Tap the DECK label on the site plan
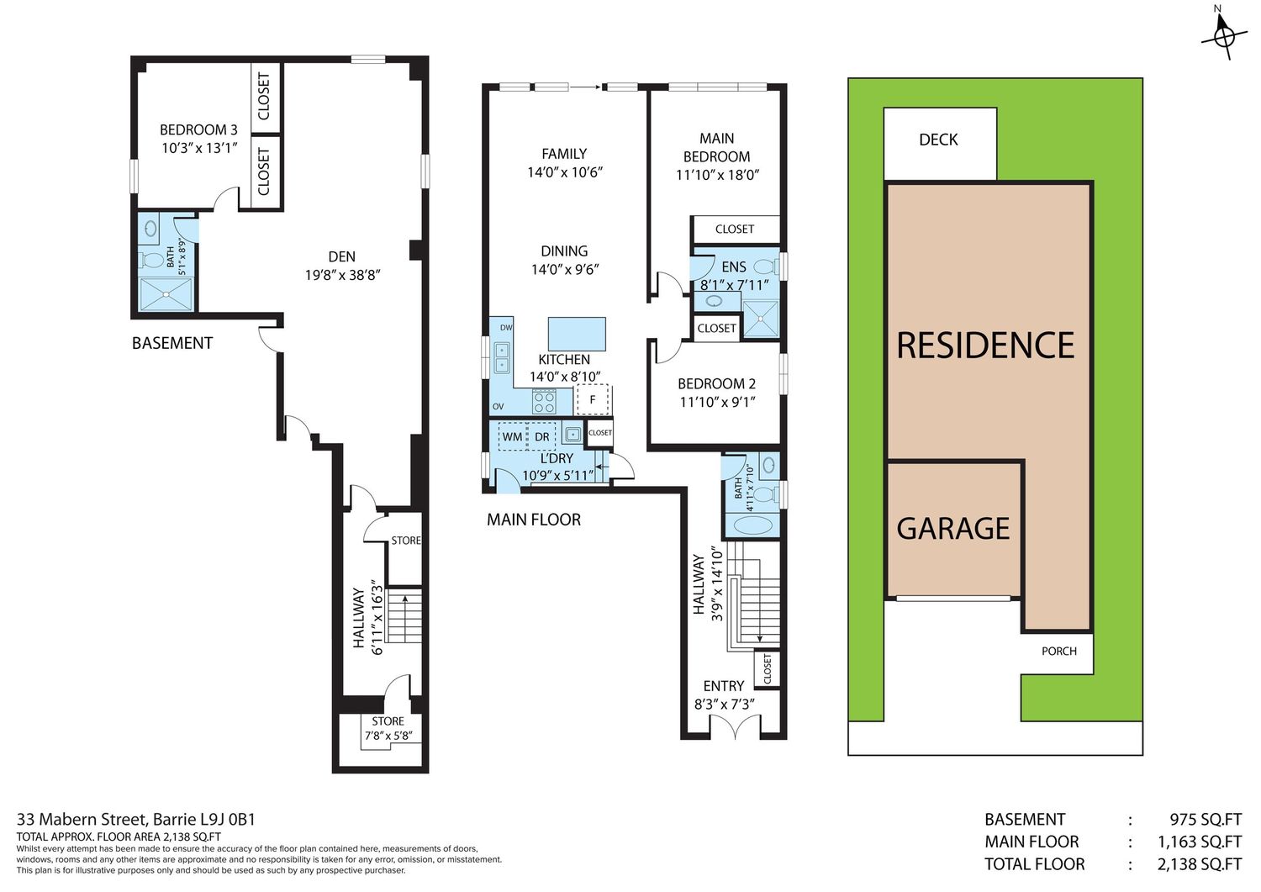(938, 140)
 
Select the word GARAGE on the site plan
(952, 528)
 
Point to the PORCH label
(1059, 651)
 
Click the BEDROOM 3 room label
(198, 129)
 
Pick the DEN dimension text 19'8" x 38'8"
(343, 275)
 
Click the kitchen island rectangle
(577, 334)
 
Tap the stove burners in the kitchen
(545, 403)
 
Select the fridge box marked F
(592, 400)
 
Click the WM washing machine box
(512, 436)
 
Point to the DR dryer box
(541, 436)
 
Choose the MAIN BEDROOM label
(716, 147)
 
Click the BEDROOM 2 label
(716, 383)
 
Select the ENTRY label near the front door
(724, 685)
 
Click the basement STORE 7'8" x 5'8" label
(388, 728)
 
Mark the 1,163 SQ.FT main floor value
(1200, 842)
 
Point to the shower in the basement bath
(166, 294)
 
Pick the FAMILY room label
(564, 154)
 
